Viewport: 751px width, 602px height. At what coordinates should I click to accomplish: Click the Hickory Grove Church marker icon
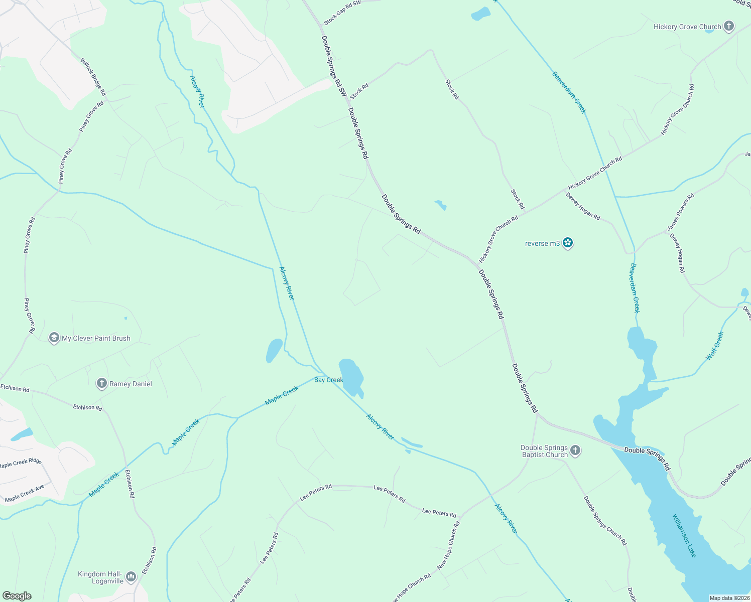[x=729, y=27]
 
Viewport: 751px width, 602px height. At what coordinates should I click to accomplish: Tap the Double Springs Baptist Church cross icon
[x=575, y=450]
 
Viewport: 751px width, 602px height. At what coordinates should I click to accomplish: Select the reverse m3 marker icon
[x=568, y=243]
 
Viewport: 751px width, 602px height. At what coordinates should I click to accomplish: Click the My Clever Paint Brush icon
[x=54, y=338]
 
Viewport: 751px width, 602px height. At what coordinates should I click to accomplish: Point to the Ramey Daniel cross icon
[x=102, y=384]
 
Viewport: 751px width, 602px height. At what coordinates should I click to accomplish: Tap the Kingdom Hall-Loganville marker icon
[x=131, y=577]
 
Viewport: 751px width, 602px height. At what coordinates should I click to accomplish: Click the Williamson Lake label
[x=684, y=535]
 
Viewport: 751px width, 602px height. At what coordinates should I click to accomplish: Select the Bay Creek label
[x=328, y=380]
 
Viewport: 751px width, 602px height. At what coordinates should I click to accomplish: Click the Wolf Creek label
[x=715, y=345]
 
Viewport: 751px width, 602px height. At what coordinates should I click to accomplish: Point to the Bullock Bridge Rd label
[x=93, y=77]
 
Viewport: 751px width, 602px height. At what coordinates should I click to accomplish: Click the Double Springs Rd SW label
[x=334, y=66]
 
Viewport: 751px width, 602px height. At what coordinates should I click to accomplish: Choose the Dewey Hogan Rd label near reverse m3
[x=583, y=206]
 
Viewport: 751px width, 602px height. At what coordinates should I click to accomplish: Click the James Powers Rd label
[x=681, y=212]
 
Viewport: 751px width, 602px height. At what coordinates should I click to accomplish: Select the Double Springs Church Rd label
[x=605, y=521]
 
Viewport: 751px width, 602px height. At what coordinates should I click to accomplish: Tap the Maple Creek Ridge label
[x=21, y=463]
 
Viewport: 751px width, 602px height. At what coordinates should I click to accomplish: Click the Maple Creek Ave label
[x=25, y=493]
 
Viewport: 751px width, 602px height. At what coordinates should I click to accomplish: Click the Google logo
[x=17, y=596]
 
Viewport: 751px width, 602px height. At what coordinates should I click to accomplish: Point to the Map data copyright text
[x=728, y=598]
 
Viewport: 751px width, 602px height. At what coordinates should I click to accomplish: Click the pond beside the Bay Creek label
[x=352, y=376]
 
